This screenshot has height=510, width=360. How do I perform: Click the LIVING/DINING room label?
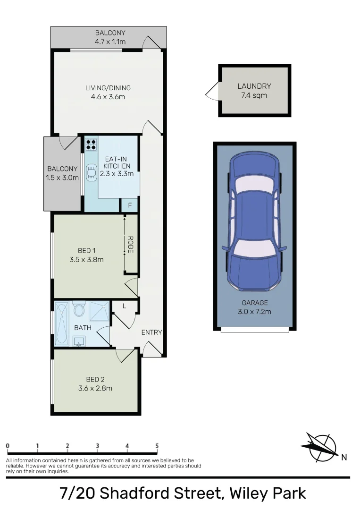(108, 88)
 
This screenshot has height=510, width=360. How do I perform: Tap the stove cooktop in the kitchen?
(91, 144)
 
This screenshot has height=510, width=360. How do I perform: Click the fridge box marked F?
(130, 205)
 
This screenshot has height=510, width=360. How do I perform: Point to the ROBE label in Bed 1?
(131, 245)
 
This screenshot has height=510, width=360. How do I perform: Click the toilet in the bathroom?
(79, 311)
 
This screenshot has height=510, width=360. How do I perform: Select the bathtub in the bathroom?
(62, 324)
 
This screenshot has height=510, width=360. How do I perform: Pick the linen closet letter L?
(124, 306)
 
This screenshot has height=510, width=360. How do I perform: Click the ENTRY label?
(151, 332)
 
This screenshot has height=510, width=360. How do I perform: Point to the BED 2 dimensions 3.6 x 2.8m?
(95, 389)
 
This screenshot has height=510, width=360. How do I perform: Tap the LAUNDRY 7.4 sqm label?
(254, 91)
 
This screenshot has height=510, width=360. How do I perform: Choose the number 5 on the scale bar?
(157, 446)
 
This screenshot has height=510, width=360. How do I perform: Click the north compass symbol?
(322, 447)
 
